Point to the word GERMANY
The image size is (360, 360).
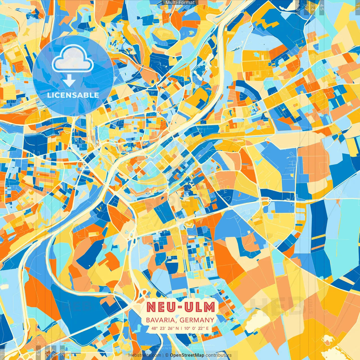click(197, 320)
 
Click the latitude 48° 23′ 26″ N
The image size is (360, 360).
click(165, 328)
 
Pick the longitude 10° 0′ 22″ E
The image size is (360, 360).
click(197, 328)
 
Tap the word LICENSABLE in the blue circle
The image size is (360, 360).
click(73, 95)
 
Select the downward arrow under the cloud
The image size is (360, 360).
click(69, 81)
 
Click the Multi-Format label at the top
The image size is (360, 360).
click(180, 3)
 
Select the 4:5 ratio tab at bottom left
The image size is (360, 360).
click(39, 352)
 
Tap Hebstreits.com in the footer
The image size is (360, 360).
click(145, 355)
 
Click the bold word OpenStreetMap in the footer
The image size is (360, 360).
click(187, 355)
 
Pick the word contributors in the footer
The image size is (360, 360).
click(219, 355)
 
